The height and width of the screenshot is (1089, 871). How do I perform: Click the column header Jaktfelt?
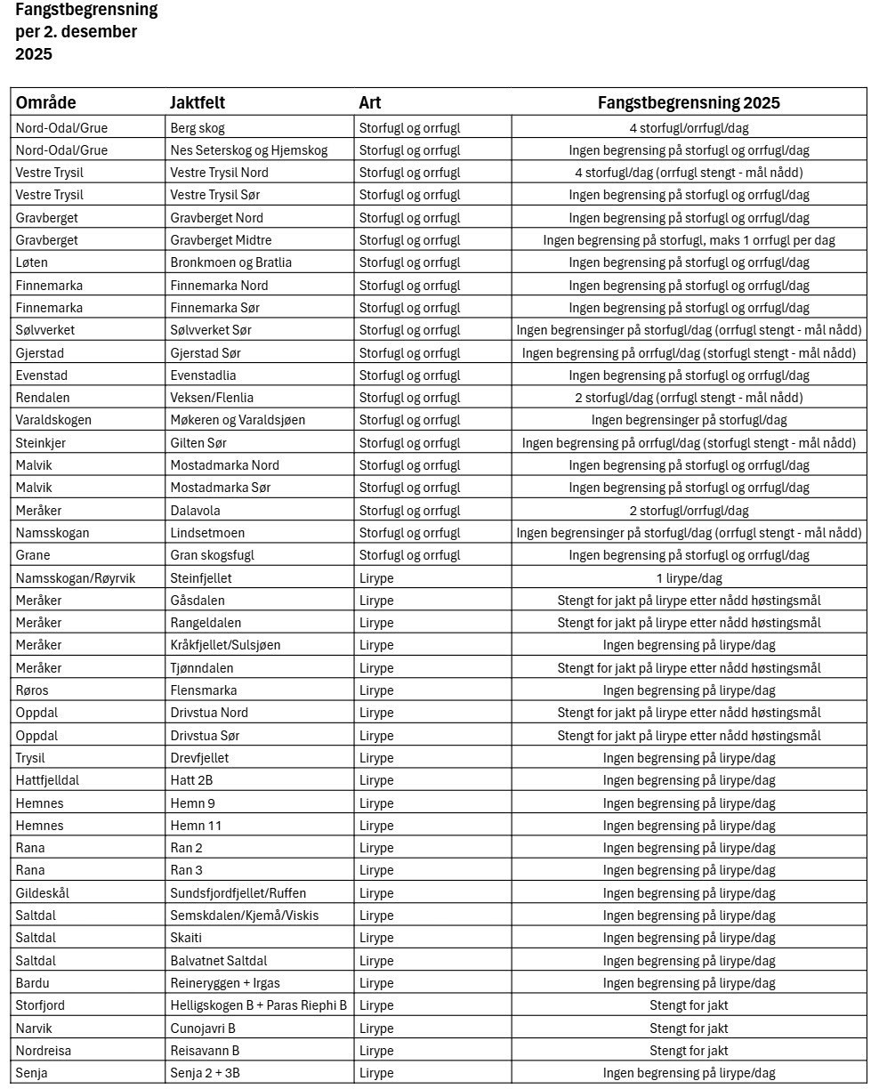(198, 102)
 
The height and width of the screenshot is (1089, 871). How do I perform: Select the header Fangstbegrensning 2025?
(689, 102)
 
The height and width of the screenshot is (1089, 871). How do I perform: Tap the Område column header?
(46, 102)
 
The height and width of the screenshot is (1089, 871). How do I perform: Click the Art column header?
(370, 102)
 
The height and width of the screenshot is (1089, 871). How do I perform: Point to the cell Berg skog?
(197, 127)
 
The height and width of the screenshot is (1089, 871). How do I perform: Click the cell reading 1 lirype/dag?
(689, 578)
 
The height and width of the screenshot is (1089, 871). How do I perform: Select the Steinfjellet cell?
(201, 578)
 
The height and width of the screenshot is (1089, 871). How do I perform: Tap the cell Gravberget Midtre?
(221, 240)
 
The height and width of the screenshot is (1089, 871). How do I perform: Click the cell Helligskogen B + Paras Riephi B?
(258, 1005)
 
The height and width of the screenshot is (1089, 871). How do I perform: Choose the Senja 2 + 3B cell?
(205, 1073)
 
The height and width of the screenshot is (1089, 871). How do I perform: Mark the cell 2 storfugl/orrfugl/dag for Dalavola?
(689, 511)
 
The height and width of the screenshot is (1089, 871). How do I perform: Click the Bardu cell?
(31, 983)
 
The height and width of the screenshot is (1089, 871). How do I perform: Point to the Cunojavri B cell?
(203, 1028)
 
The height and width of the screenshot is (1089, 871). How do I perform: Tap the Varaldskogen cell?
(53, 420)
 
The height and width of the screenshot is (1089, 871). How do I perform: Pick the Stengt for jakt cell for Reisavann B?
(689, 1051)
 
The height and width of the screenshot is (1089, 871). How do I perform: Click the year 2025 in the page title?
(34, 54)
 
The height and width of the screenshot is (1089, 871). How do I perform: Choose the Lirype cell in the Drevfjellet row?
(376, 758)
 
